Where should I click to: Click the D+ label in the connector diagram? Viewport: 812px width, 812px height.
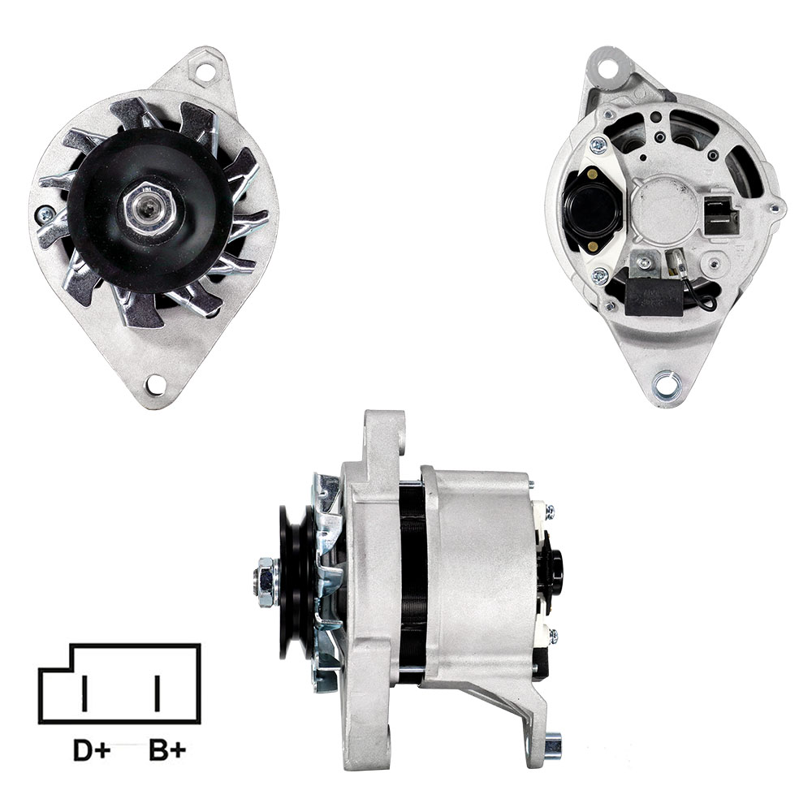point(92,750)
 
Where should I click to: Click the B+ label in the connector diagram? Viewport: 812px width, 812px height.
point(167,750)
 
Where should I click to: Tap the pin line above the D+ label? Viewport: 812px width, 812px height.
point(84,693)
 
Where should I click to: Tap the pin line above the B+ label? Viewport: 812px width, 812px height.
point(157,693)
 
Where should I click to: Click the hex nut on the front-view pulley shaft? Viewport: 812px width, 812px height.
point(149,209)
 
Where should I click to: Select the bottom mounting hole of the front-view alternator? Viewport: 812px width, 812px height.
point(153,384)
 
